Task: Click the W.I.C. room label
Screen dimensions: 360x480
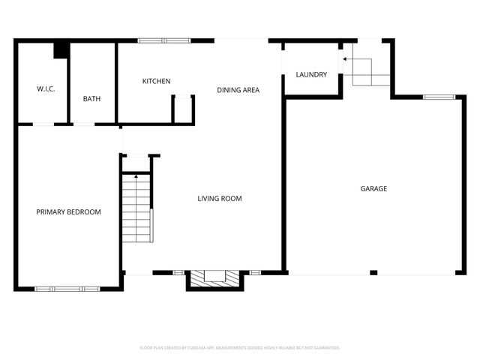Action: (x=46, y=88)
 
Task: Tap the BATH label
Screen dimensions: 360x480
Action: (x=91, y=98)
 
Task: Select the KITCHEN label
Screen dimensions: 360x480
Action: (x=157, y=81)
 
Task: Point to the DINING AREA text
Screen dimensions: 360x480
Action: (x=238, y=90)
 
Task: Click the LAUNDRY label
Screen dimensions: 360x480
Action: (x=310, y=74)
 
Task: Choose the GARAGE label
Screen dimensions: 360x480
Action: (x=373, y=188)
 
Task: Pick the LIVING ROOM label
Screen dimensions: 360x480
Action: (x=220, y=199)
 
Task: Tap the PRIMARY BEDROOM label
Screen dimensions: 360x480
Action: (x=68, y=212)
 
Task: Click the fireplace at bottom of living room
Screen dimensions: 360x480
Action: (x=214, y=277)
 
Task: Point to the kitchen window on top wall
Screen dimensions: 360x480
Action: (x=164, y=40)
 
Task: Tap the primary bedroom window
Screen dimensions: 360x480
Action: (x=67, y=288)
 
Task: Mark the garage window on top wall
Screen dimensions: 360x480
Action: (x=439, y=97)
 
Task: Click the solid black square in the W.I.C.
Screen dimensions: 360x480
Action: (x=61, y=50)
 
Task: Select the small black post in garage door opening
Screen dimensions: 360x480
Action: (x=373, y=272)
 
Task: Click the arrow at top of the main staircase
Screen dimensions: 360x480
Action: (x=136, y=176)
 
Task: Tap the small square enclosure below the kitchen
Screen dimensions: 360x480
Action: (x=183, y=109)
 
